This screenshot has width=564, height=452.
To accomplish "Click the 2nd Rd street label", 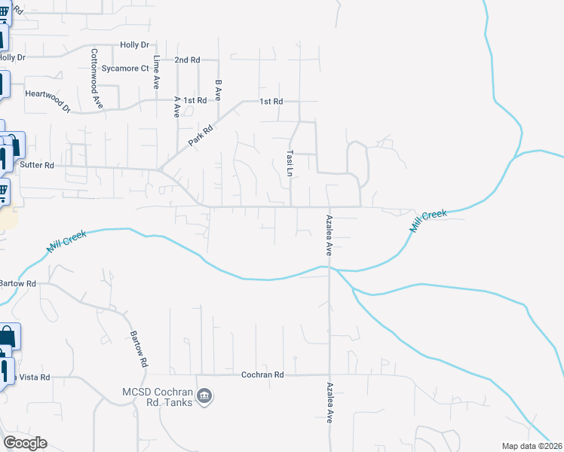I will coord(186,60).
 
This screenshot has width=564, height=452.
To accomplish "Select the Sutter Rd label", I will coord(37,163).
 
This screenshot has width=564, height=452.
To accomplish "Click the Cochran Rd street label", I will coord(262,374).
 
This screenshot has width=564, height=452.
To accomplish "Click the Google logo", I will coord(25,442).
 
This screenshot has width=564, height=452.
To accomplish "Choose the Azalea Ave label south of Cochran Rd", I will coord(330,404).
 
